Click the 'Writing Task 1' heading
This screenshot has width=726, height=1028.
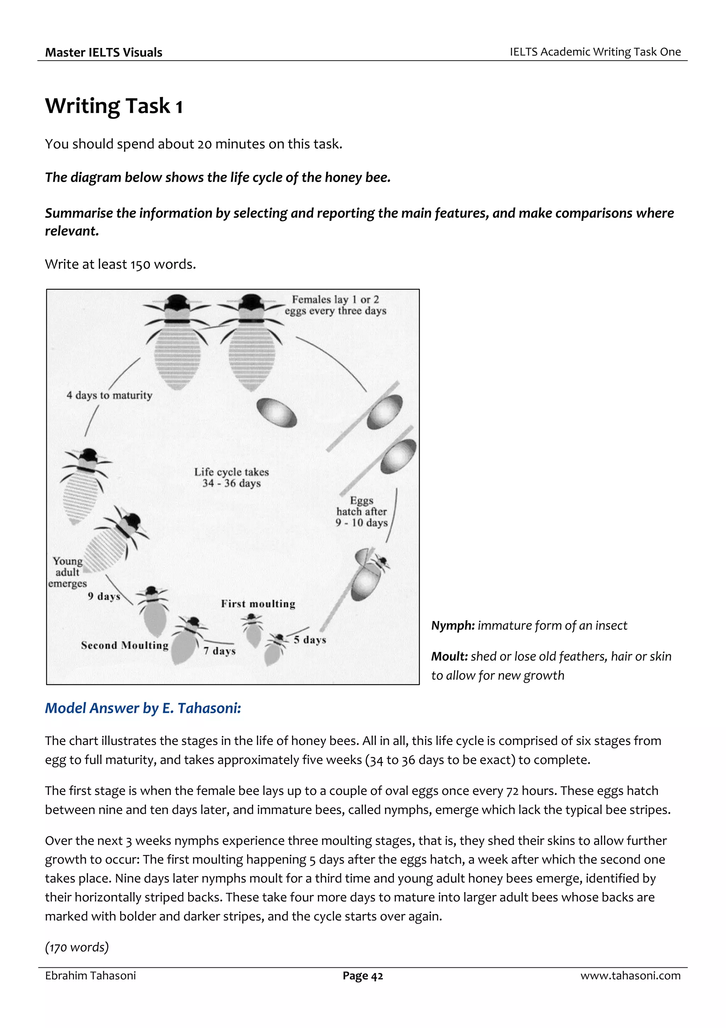[x=114, y=106]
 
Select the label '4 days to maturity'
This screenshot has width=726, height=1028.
[x=109, y=395]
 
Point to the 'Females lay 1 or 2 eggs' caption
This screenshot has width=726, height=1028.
[x=335, y=305]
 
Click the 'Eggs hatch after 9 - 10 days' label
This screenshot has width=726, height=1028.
[x=362, y=511]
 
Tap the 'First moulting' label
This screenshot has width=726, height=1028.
[x=258, y=604]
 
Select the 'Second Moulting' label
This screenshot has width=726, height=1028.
[x=125, y=645]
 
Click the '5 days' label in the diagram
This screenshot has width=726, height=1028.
[x=309, y=640]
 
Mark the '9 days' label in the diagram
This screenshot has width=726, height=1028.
[x=104, y=597]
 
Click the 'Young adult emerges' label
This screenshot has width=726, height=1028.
[x=68, y=572]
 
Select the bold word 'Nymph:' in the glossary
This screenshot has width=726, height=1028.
[x=453, y=626]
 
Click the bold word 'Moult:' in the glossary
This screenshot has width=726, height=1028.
[x=449, y=656]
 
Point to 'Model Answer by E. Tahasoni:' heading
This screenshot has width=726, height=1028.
[x=143, y=708]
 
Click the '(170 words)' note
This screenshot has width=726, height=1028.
[x=77, y=947]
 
